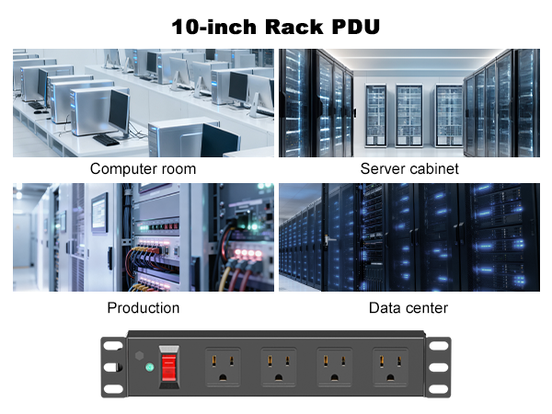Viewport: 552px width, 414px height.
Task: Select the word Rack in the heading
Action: [294, 27]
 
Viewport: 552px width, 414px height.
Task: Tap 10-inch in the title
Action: [214, 27]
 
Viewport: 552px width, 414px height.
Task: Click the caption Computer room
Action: [143, 168]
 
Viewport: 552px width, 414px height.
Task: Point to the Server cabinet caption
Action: [409, 168]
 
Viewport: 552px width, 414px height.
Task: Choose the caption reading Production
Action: [144, 307]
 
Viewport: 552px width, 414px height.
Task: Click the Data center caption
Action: [408, 307]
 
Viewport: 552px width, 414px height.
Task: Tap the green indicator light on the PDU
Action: [150, 367]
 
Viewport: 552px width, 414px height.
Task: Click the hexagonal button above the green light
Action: [140, 355]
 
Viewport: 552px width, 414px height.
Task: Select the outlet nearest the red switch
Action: [224, 367]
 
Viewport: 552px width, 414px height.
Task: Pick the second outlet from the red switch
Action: [279, 367]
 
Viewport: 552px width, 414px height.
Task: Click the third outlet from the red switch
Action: [335, 367]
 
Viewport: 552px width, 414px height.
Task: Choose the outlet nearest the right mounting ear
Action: [390, 367]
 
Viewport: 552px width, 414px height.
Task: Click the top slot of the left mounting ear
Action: [113, 345]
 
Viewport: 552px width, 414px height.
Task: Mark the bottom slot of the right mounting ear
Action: [439, 389]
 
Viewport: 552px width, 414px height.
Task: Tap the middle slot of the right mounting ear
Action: [439, 367]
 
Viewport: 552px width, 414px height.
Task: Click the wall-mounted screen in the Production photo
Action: [100, 213]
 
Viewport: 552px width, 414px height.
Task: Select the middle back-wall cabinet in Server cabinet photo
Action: [409, 115]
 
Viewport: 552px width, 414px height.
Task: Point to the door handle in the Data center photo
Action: [327, 240]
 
